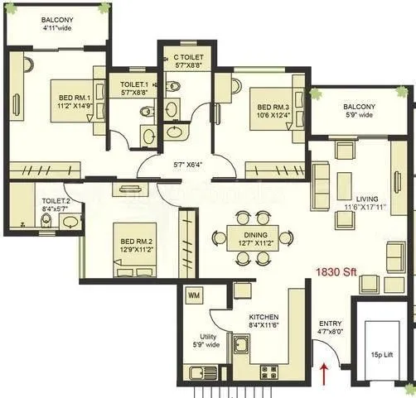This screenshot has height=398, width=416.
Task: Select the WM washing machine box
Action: tap(193, 295)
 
